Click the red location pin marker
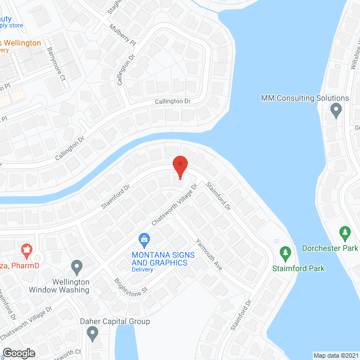click(x=179, y=166)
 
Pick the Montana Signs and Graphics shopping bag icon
click(x=144, y=239)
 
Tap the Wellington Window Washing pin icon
click(x=77, y=265)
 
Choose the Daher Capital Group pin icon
click(x=93, y=335)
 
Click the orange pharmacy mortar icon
click(x=25, y=248)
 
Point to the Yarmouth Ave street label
click(x=209, y=255)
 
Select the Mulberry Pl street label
click(x=123, y=35)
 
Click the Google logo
click(x=18, y=353)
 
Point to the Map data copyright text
click(x=335, y=355)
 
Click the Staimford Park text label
click(x=298, y=268)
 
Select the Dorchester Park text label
click(x=330, y=248)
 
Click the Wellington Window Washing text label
click(x=59, y=286)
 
